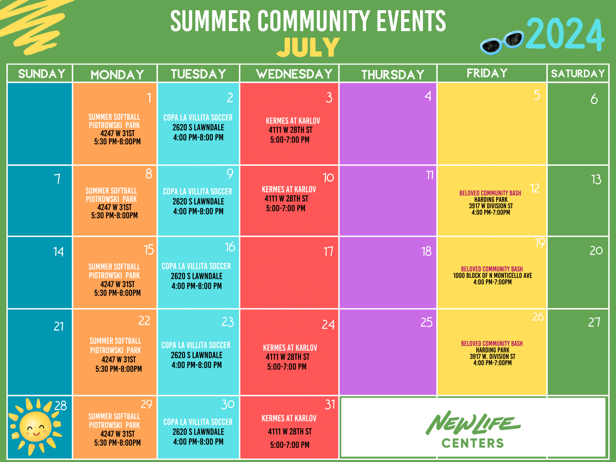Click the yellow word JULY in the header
point(308,47)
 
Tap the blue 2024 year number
point(565,34)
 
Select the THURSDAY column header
point(393,75)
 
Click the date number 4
point(428,96)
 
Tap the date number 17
point(328,251)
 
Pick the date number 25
point(426,322)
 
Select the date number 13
point(596,179)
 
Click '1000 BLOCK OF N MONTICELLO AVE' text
point(492,276)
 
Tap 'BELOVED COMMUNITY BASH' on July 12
point(490,193)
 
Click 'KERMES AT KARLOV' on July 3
point(293,121)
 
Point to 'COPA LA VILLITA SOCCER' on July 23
point(196,345)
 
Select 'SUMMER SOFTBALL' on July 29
point(114,416)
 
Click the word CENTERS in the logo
point(473,443)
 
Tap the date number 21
point(58,326)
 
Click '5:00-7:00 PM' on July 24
point(287,367)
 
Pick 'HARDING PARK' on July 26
point(492,350)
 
